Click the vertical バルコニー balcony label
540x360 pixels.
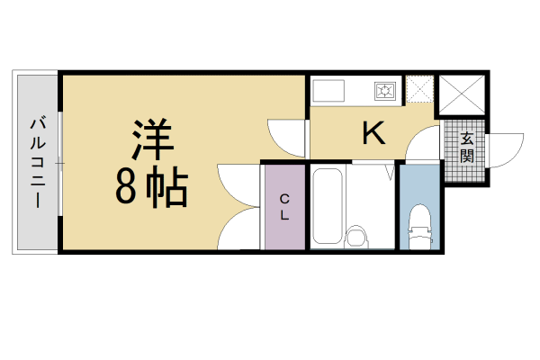coord(37,163)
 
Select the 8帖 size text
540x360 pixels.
coord(151,185)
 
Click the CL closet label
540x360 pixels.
coord(283,206)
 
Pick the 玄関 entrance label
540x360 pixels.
coord(467,148)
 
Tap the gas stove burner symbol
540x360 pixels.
coord(386,90)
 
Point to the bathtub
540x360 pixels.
coord(328,205)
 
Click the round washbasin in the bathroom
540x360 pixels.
coord(358,237)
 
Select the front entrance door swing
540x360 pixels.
coord(504,148)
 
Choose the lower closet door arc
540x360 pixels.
coord(239,229)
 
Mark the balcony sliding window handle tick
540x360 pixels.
coord(59,163)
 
